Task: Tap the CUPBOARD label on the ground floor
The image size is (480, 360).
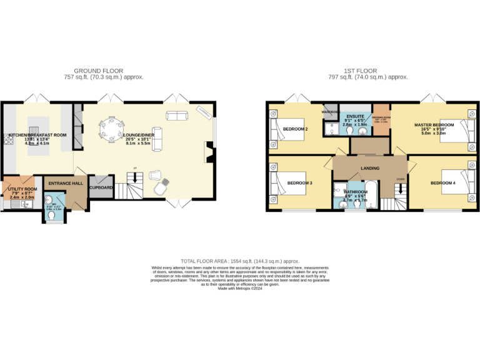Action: click(101, 187)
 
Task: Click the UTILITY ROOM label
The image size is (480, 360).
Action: click(22, 189)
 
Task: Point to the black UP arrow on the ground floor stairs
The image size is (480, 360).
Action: click(134, 177)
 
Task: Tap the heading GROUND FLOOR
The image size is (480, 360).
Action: click(99, 71)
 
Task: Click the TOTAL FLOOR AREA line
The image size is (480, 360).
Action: click(240, 261)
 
